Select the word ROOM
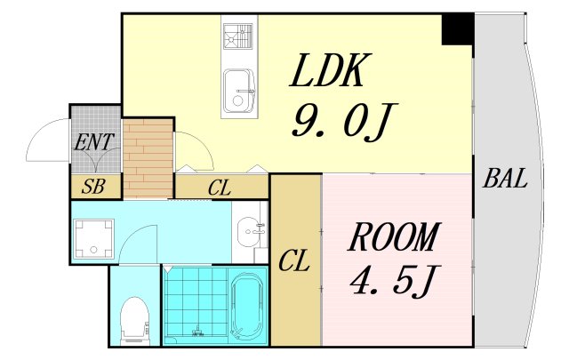pyautogui.click(x=393, y=238)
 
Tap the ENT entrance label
pyautogui.click(x=93, y=141)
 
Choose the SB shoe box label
pyautogui.click(x=92, y=187)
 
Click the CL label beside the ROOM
pyautogui.click(x=294, y=261)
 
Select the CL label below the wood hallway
pyautogui.click(x=221, y=188)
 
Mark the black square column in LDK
pyautogui.click(x=458, y=29)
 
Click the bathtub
pyautogui.click(x=244, y=307)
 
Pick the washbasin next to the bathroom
pyautogui.click(x=249, y=234)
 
